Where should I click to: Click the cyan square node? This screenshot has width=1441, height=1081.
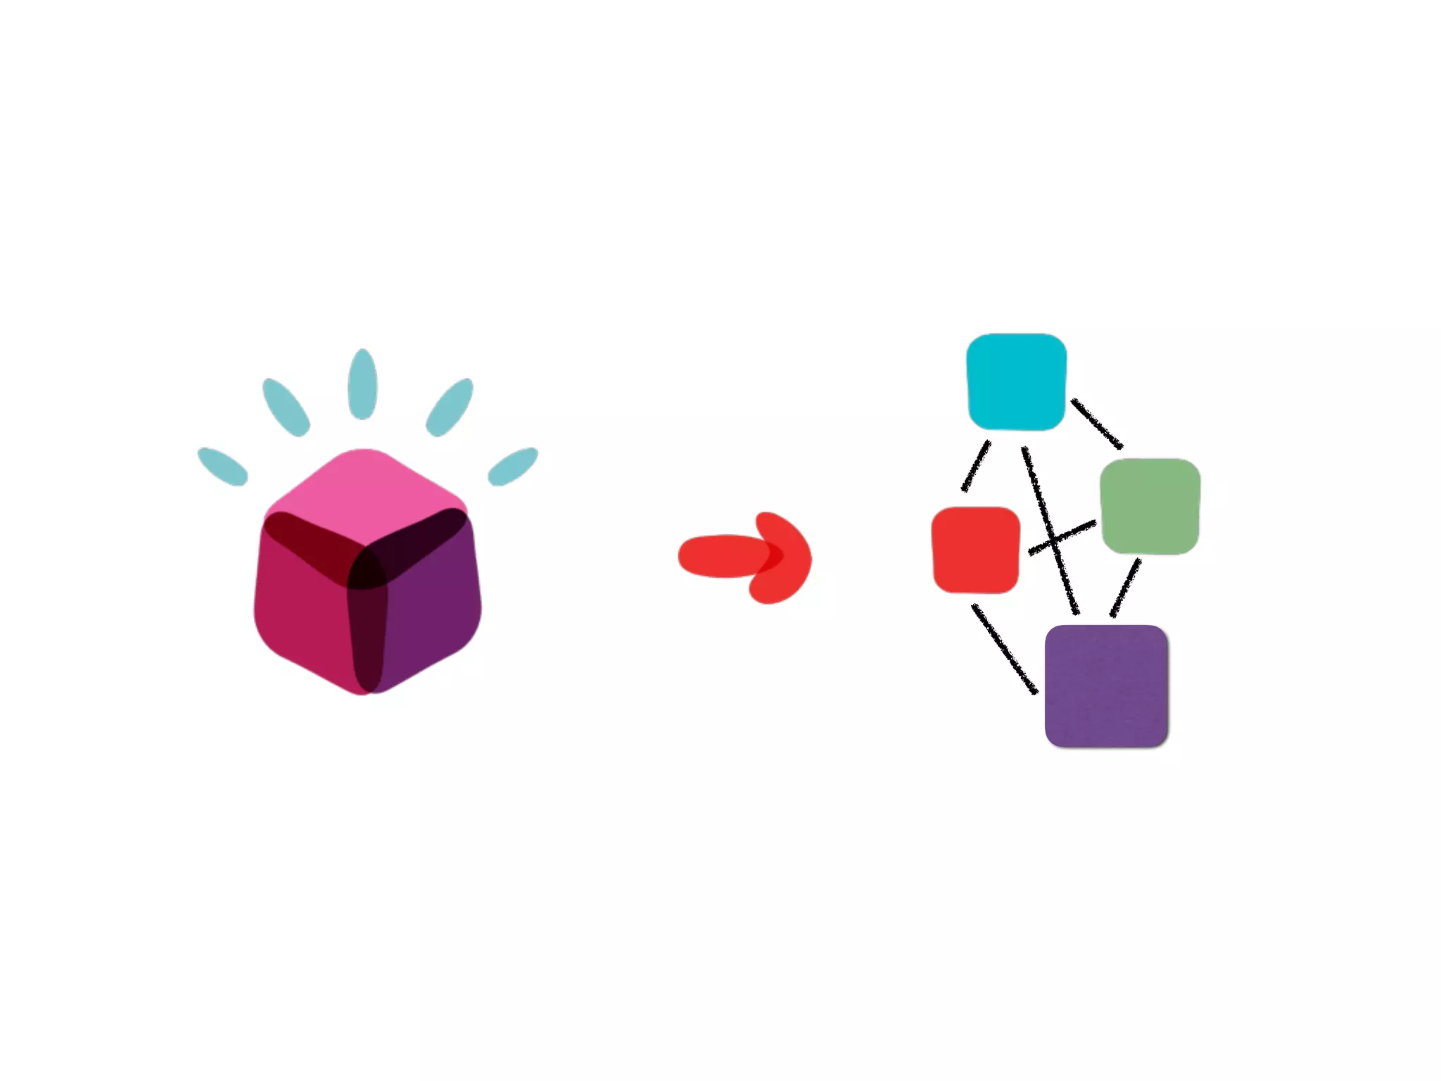(x=1016, y=381)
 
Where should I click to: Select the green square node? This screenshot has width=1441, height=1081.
(x=1150, y=506)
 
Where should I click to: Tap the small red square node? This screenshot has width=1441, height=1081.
(x=975, y=550)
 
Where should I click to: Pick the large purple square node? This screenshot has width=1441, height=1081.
(x=1106, y=686)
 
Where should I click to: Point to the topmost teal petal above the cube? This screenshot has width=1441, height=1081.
(x=362, y=384)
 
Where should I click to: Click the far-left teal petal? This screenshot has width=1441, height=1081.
(x=222, y=467)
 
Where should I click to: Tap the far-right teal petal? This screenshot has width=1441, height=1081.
(x=513, y=467)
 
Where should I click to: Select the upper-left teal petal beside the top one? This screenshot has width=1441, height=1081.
(x=286, y=407)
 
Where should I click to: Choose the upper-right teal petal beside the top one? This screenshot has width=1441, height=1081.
(x=449, y=407)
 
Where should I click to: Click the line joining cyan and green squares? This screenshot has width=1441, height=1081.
(x=1096, y=423)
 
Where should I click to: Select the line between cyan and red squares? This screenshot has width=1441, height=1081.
(x=976, y=466)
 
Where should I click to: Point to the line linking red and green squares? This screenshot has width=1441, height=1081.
(x=1062, y=538)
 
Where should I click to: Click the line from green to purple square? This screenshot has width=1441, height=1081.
(x=1125, y=588)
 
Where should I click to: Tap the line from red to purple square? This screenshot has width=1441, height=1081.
(x=1004, y=649)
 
